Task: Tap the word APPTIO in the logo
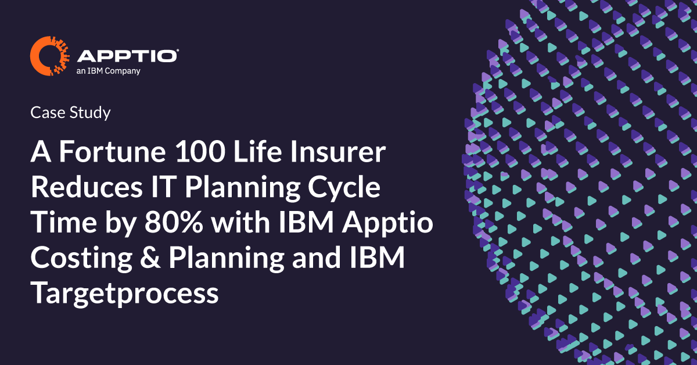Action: click(x=127, y=56)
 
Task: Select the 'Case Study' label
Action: click(x=70, y=113)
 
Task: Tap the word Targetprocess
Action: click(x=124, y=294)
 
